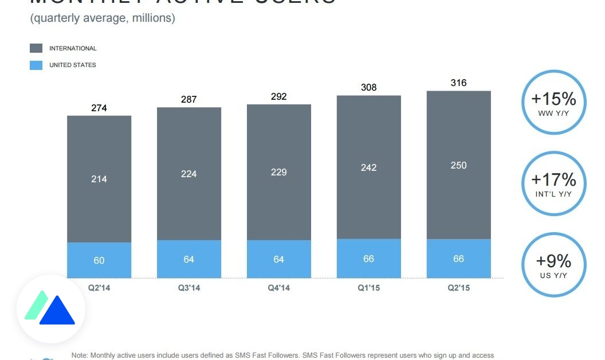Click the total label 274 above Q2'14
(99, 108)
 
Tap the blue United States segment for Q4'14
(279, 259)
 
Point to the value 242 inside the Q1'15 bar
(368, 167)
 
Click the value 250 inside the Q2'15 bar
(458, 165)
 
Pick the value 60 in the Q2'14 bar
(99, 260)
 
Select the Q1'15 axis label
(368, 288)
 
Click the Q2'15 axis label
(458, 288)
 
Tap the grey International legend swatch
(36, 49)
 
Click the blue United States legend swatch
(36, 65)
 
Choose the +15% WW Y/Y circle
(553, 102)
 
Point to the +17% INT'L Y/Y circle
(553, 183)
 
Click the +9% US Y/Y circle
(553, 264)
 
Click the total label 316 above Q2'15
(458, 83)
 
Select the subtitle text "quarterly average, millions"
(103, 18)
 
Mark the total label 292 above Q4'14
(279, 97)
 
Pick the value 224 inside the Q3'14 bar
(189, 174)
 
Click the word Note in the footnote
(80, 355)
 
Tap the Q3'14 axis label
(189, 288)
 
